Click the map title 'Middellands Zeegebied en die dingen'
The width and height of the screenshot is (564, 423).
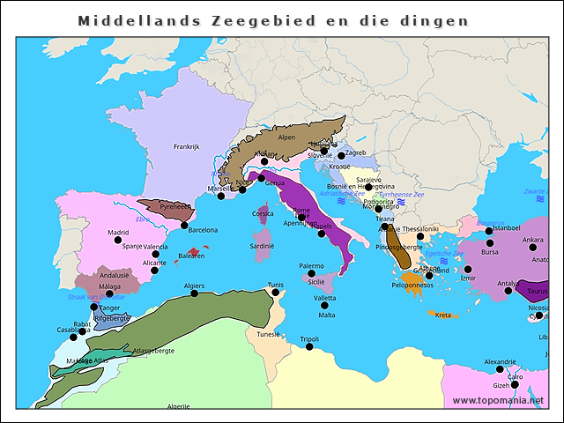pyautogui.click(x=272, y=20)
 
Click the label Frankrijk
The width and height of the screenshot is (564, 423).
pyautogui.click(x=187, y=146)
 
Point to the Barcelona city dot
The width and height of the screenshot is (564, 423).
pyautogui.click(x=183, y=226)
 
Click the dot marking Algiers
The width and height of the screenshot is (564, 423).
pyautogui.click(x=195, y=294)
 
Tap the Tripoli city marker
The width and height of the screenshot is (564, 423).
pyautogui.click(x=309, y=347)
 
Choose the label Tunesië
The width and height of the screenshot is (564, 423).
pyautogui.click(x=268, y=334)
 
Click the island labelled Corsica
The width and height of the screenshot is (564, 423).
pyautogui.click(x=263, y=214)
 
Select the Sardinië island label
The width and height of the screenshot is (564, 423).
pyautogui.click(x=263, y=247)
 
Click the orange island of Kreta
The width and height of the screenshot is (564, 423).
pyautogui.click(x=442, y=315)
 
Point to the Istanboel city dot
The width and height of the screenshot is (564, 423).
pyautogui.click(x=489, y=231)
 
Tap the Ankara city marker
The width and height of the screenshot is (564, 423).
pyautogui.click(x=533, y=249)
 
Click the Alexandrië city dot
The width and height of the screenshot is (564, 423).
pyautogui.click(x=500, y=369)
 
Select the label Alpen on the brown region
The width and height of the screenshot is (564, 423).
pyautogui.click(x=286, y=137)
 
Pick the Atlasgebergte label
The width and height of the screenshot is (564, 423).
pyautogui.click(x=152, y=350)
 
